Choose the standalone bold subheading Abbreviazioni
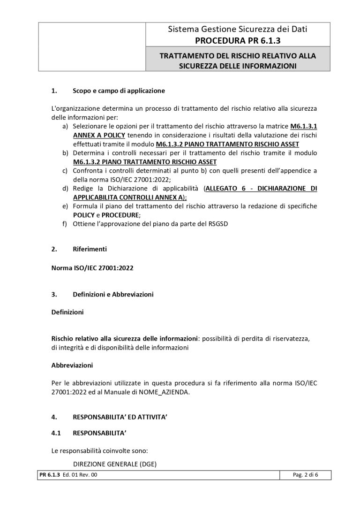pyautogui.click(x=72, y=364)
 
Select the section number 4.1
pyautogui.click(x=56, y=434)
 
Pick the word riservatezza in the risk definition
pyautogui.click(x=294, y=338)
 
